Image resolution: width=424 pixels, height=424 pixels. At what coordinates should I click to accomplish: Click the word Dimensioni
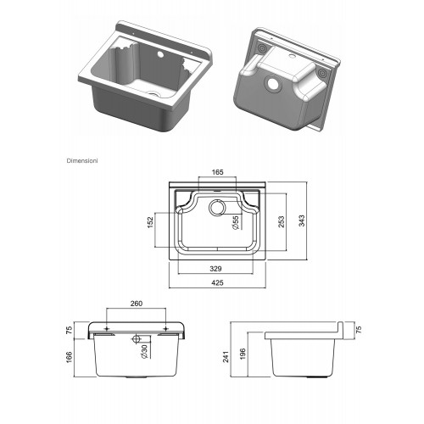pos(82,161)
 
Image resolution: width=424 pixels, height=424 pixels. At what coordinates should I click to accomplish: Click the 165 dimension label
pos(217,172)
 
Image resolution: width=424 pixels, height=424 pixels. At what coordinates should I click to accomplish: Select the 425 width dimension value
pos(217,282)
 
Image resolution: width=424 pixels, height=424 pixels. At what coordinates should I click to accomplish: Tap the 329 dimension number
pos(215,269)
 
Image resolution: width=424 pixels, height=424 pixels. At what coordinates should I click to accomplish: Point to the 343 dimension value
pos(302,220)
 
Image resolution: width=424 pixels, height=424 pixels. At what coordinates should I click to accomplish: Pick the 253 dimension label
pos(282,222)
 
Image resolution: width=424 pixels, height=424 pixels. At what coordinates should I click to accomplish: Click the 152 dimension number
pos(150,222)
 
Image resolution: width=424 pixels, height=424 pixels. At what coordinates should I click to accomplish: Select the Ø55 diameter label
pos(235,222)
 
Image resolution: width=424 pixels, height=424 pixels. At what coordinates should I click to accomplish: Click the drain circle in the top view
pos(217,208)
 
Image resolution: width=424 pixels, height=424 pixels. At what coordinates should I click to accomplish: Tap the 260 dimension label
pos(137,304)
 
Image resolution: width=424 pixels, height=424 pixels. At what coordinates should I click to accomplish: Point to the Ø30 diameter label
pos(144,351)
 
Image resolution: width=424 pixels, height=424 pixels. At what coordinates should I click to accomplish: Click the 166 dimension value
pos(70,357)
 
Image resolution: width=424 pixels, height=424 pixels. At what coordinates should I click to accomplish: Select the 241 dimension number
pos(226,357)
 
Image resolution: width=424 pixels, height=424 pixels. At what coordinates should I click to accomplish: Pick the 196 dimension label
pos(243,354)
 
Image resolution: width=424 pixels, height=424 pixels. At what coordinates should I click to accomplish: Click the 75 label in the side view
pos(359,330)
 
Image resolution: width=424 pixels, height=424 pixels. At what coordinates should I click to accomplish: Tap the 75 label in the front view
pos(70,330)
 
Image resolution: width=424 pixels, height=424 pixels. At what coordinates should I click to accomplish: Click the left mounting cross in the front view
pos(107,329)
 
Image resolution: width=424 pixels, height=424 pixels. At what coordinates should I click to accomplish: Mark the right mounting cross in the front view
pos(166,329)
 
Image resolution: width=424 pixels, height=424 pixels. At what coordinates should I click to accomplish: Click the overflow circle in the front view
pos(137,339)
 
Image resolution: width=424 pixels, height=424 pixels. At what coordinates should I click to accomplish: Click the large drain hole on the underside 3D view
pos(273,84)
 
